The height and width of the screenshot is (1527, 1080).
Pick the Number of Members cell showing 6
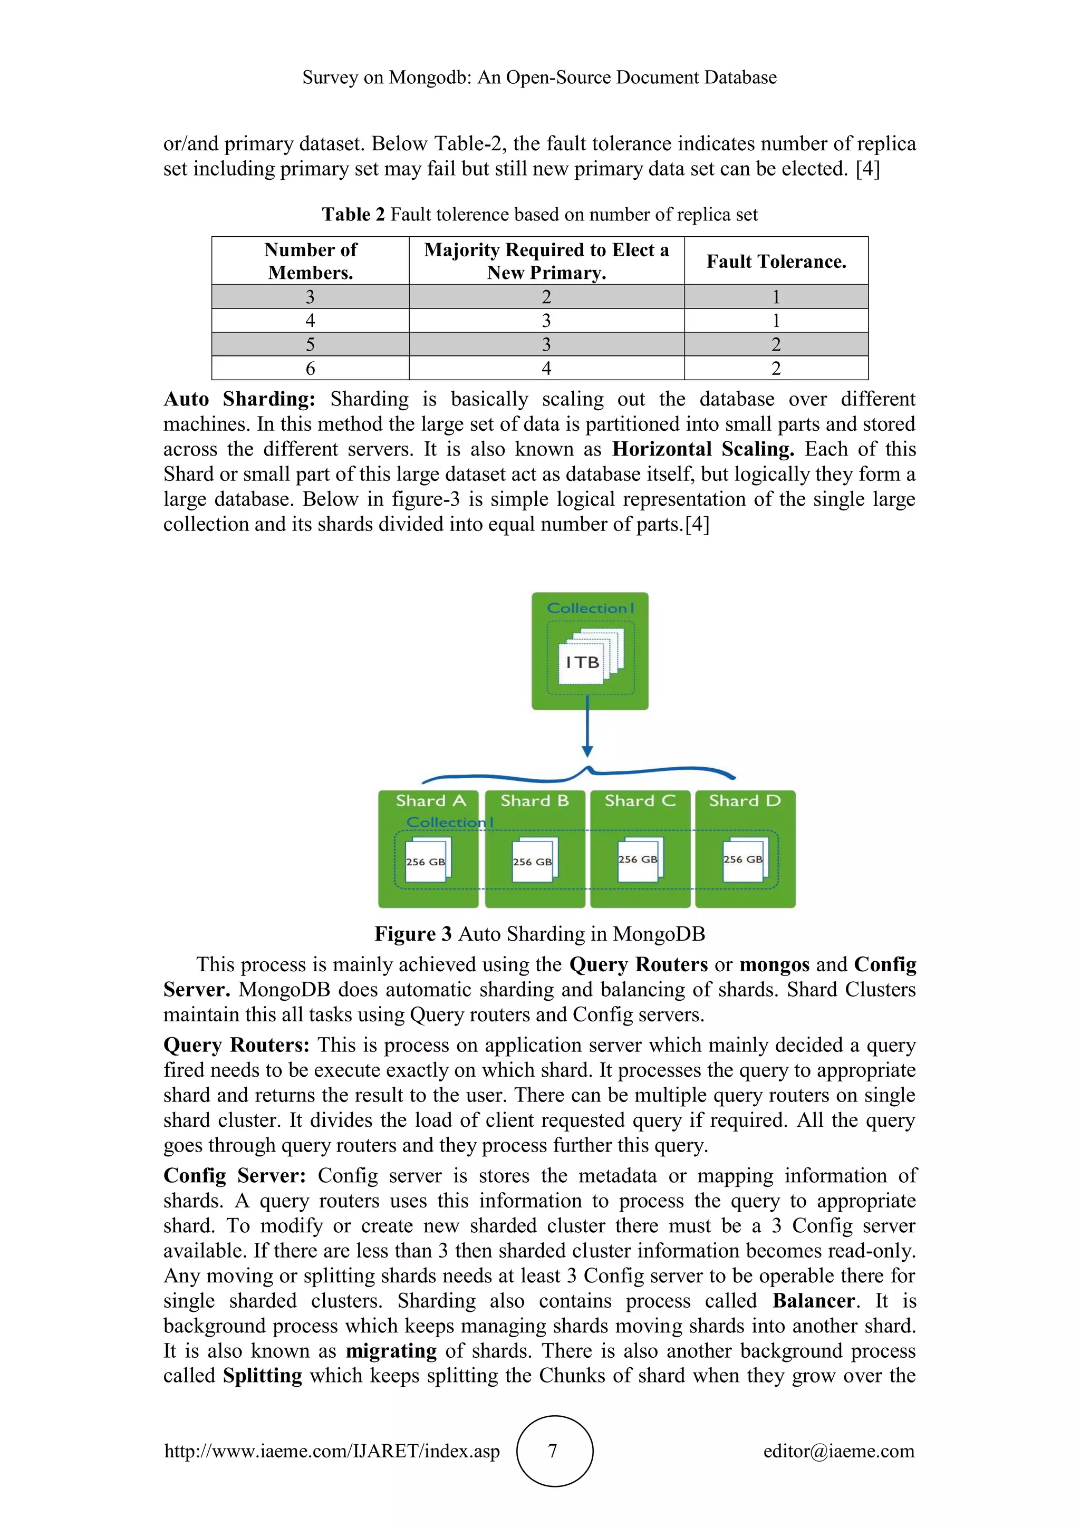[310, 369]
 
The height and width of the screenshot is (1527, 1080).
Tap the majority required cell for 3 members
[546, 297]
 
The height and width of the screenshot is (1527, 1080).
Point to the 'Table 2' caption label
[353, 215]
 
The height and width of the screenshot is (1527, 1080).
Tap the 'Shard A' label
[430, 801]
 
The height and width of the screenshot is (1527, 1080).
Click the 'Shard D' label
[744, 801]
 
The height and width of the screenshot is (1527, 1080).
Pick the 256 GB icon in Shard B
[533, 861]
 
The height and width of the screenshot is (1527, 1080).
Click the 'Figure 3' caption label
[413, 934]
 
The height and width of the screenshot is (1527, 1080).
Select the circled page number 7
[553, 1451]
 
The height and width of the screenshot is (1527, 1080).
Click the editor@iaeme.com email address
[838, 1451]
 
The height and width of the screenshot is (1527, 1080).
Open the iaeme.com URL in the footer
[332, 1451]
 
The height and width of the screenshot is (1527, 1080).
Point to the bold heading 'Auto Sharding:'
[239, 399]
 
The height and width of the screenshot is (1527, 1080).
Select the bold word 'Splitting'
[262, 1375]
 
